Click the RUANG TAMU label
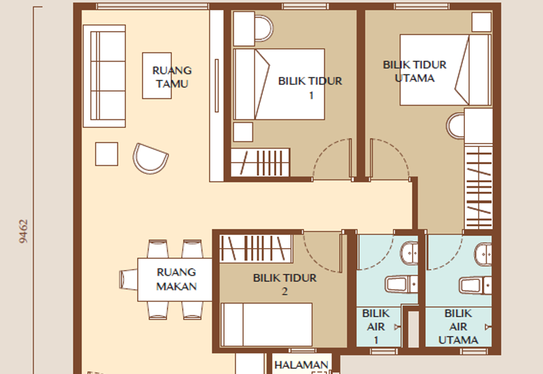(x=172, y=77)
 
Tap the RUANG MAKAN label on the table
(x=176, y=279)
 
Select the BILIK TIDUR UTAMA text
(x=415, y=71)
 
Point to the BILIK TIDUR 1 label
(x=310, y=88)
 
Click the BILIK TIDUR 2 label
(x=284, y=285)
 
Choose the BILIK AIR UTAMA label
(x=458, y=327)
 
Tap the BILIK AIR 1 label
(x=376, y=327)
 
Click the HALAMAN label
(x=301, y=365)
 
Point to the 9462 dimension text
(x=24, y=231)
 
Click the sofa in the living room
(x=105, y=76)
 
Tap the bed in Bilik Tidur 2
(x=267, y=325)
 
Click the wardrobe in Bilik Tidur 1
(x=260, y=163)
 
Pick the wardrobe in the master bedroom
(x=479, y=187)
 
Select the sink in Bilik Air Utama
(x=483, y=254)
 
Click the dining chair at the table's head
(x=128, y=280)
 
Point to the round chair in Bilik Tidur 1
(x=264, y=28)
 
